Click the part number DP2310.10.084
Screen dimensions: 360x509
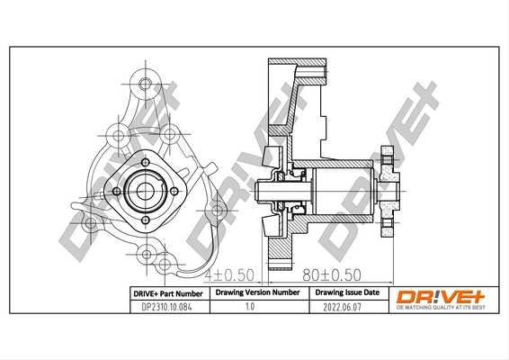tap(165, 307)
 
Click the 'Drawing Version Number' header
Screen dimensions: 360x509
tap(257, 293)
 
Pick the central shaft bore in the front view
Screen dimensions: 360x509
tap(144, 190)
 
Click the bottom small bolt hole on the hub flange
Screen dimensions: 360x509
tap(144, 218)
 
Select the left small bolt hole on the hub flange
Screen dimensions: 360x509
tap(116, 190)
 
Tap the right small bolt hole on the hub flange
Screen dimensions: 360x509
tap(172, 190)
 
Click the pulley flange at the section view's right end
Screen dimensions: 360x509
tap(387, 191)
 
